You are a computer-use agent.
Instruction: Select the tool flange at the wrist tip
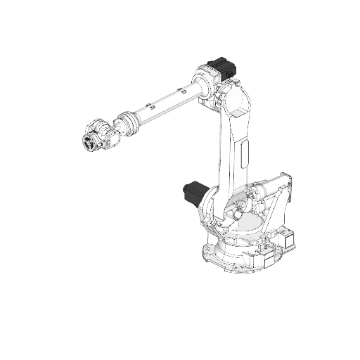(89, 143)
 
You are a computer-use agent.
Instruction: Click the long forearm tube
(166, 102)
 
